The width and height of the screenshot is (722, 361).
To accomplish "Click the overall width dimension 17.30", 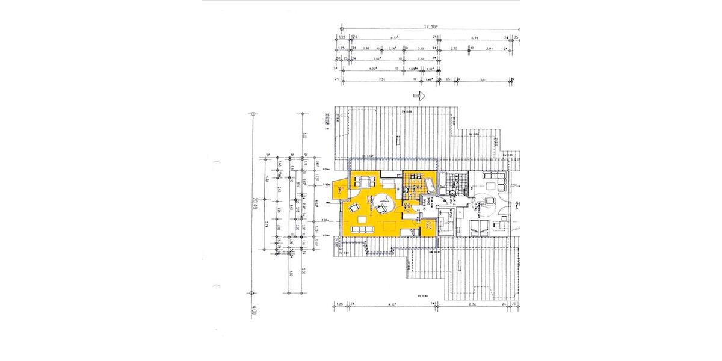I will pyautogui.click(x=430, y=26).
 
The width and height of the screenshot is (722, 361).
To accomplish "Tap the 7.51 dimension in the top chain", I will pyautogui.click(x=380, y=79).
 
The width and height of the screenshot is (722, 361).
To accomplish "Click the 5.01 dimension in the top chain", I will pyautogui.click(x=483, y=79).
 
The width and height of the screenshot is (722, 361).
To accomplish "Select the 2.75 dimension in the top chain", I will pyautogui.click(x=454, y=48).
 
